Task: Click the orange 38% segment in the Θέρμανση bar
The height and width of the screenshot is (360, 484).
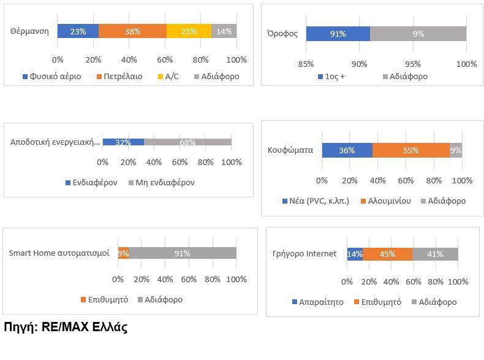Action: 132,31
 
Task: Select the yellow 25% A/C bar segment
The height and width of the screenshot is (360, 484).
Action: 189,31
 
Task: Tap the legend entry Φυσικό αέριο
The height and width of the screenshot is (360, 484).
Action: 51,77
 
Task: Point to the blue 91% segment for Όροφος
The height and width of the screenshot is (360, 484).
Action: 338,34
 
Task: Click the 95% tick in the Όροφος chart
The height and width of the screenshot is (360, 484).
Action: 413,64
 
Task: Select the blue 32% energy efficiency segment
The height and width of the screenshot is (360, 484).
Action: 123,142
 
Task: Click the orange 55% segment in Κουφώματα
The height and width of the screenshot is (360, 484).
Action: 410,150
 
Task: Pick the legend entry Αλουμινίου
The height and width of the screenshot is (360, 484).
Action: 386,201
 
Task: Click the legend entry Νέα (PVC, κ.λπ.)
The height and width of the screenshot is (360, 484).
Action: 315,201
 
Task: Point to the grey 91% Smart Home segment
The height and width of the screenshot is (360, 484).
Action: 183,253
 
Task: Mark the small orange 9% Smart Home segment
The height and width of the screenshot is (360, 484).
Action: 123,253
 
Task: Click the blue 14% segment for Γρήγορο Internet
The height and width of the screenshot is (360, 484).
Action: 355,254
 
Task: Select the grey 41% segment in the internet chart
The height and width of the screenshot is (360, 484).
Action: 435,254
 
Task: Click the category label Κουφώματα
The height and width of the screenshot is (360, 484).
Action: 290,150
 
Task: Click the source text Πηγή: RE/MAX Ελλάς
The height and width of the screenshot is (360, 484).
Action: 66,327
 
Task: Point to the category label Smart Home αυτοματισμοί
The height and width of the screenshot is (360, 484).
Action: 59,253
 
